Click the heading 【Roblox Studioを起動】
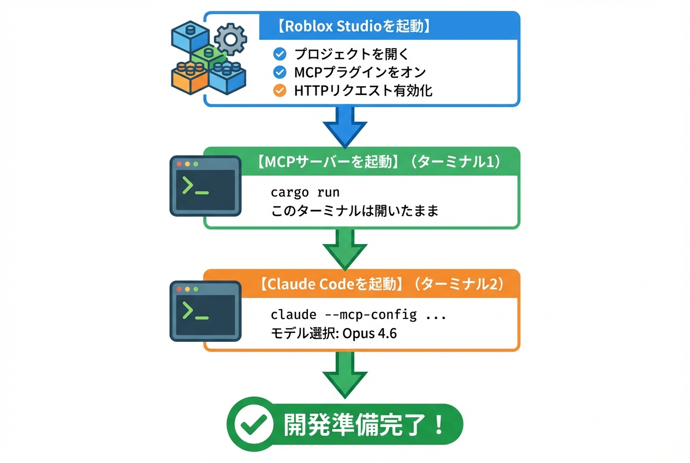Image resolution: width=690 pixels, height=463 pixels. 354,27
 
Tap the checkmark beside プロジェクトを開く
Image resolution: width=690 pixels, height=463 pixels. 279,54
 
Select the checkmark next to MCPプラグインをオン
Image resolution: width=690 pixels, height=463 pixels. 279,72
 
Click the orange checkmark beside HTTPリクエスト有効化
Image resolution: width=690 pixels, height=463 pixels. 279,90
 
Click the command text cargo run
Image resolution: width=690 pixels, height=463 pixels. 305,193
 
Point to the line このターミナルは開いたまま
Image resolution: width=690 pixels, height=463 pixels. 355,211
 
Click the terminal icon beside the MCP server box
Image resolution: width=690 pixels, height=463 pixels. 205,186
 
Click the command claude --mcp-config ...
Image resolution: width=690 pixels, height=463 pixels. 344,315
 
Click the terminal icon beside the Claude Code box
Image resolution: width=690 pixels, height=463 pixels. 205,311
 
